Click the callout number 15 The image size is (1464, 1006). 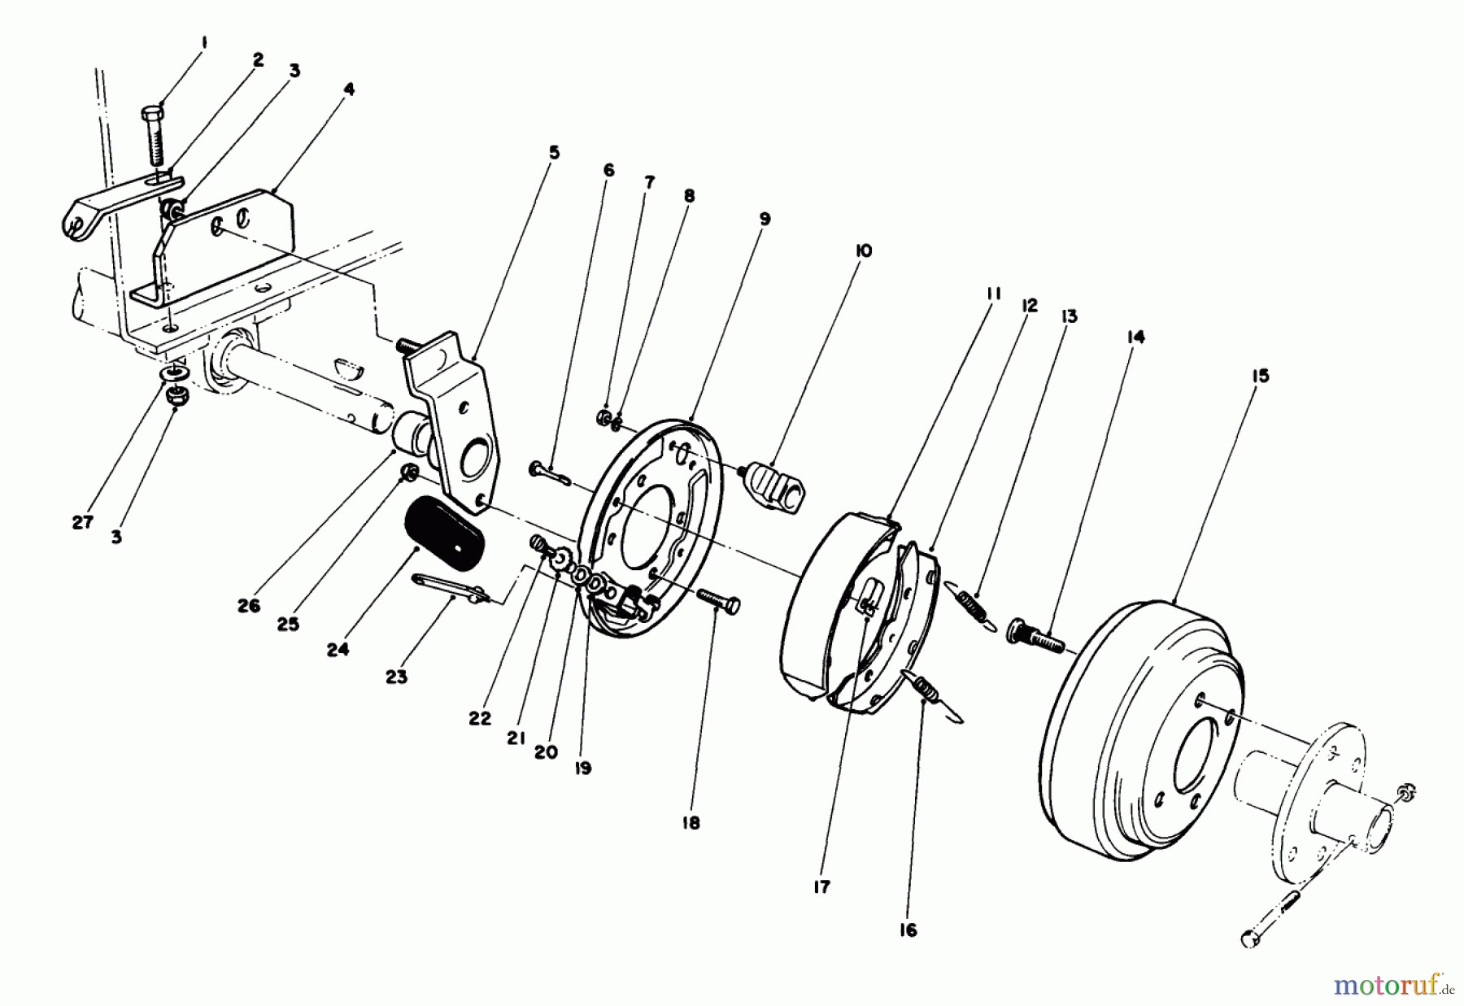pos(1261,377)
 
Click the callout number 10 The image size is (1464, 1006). pos(863,251)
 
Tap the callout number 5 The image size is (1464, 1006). pos(554,153)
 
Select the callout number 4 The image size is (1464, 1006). pos(349,89)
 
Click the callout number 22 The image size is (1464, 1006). pos(480,719)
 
